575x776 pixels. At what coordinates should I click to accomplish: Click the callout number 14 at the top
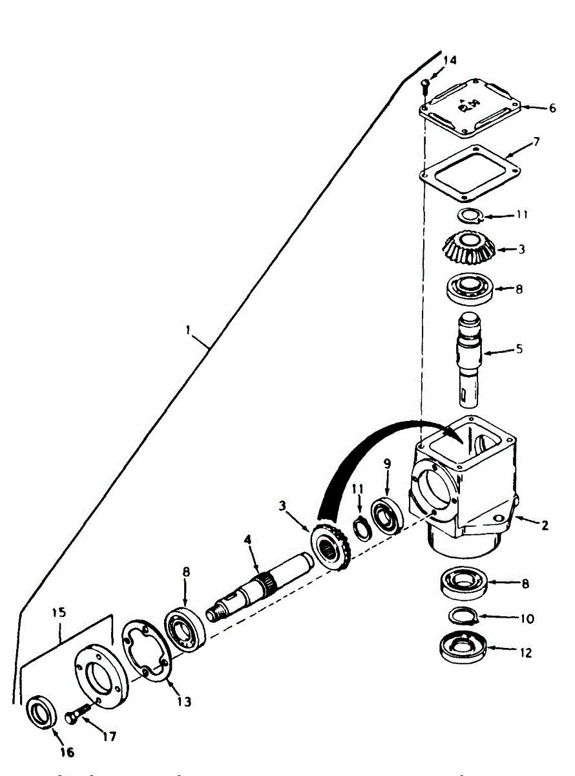click(x=449, y=59)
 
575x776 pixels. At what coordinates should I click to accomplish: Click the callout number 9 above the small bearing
click(x=387, y=463)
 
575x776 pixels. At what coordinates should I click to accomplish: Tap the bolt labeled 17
click(x=77, y=716)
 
